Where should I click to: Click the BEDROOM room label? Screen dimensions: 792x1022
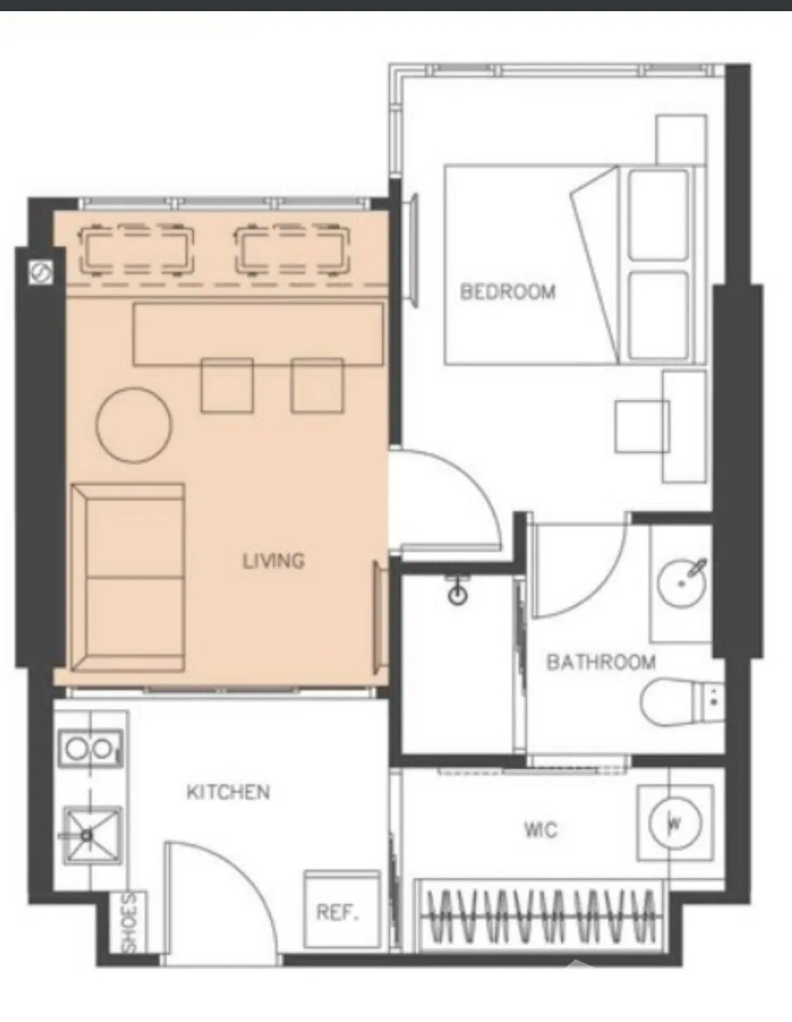(x=508, y=291)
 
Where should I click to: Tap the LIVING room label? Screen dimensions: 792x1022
(x=274, y=560)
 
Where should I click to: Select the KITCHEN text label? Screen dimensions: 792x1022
(x=229, y=792)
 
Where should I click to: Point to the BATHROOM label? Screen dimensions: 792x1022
(x=601, y=662)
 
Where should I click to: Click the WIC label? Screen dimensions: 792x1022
(x=541, y=830)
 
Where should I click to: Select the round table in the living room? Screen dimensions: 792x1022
(x=134, y=424)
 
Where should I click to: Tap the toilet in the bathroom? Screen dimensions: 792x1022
(x=682, y=702)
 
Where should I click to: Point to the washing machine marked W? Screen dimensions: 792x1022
(x=675, y=824)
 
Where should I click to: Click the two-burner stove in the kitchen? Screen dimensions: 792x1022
(x=91, y=747)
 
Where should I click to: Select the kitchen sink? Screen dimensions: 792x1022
(x=93, y=835)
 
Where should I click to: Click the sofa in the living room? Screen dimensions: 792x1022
(x=127, y=578)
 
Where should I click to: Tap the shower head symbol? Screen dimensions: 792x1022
(x=458, y=591)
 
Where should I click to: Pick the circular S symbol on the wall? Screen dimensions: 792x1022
(x=40, y=273)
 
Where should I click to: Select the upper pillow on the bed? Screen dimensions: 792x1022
(x=658, y=215)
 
